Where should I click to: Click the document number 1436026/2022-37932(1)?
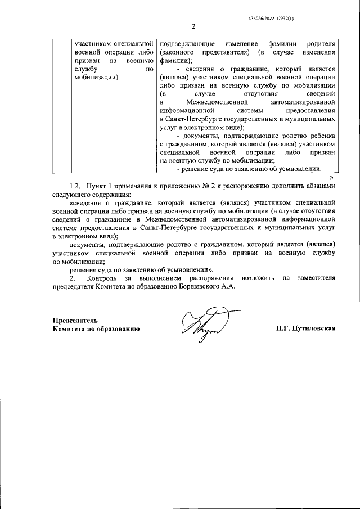[x=270, y=18]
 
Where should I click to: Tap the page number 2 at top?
[x=192, y=27]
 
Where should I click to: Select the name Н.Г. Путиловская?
[x=305, y=327]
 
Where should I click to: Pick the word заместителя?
[x=316, y=278]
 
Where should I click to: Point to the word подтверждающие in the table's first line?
[x=184, y=44]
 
